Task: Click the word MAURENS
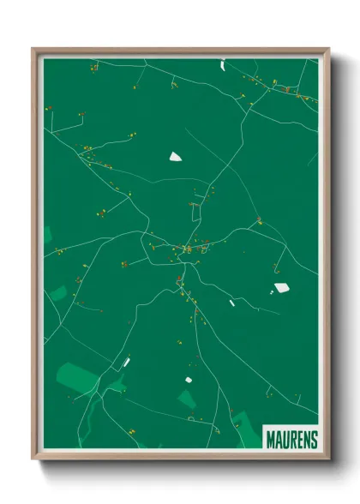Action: click(x=291, y=440)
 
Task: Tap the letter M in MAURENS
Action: click(x=269, y=440)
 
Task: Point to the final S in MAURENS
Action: click(x=314, y=440)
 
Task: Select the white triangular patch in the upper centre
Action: click(x=176, y=156)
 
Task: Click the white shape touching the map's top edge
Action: click(x=222, y=63)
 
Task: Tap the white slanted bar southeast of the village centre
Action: click(x=231, y=302)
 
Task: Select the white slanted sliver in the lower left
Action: click(x=126, y=362)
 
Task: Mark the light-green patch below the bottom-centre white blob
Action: click(x=187, y=399)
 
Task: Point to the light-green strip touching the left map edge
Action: click(x=48, y=236)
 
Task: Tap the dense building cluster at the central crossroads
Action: click(x=187, y=249)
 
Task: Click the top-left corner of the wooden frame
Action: click(x=33, y=49)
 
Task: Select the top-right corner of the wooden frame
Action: click(x=328, y=49)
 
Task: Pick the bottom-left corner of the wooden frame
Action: click(x=33, y=459)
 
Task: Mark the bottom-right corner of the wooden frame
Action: click(x=328, y=459)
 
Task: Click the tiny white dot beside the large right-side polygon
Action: click(x=271, y=292)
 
